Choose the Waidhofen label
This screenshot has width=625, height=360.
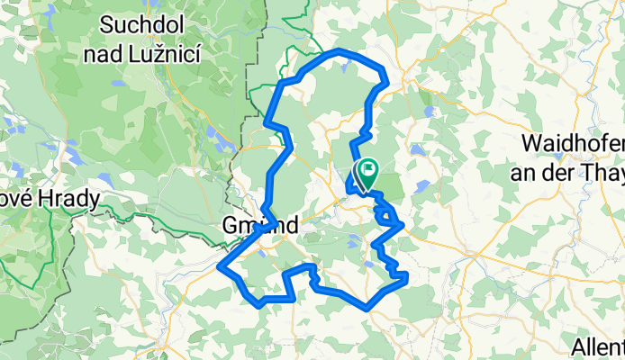pos(573,143)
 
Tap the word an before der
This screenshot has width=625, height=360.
pos(537,173)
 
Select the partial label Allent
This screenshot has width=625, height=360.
pos(597,346)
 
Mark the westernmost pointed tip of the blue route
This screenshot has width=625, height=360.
pos(221,265)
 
